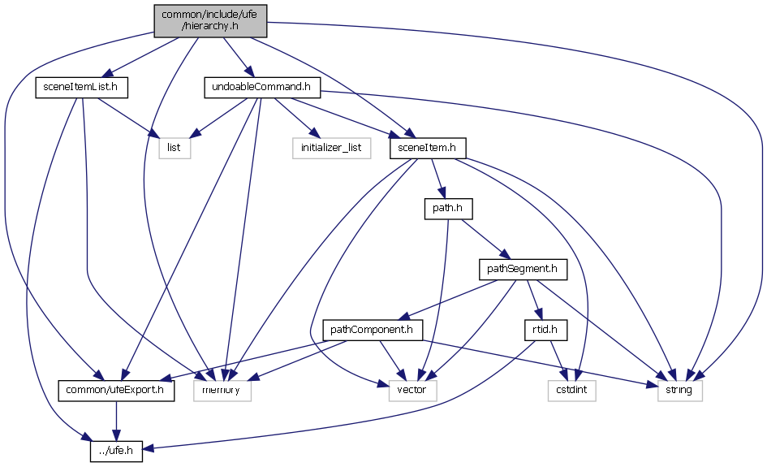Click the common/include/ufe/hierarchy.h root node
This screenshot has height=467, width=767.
pos(210,19)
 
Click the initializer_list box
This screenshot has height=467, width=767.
pos(331,148)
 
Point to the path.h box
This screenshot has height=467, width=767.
pos(448,209)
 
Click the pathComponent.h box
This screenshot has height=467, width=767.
pos(373,330)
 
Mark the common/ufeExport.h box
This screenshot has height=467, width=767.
pos(116,390)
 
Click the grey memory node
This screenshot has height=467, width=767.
pos(222,390)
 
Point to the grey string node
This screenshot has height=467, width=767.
pos(679,390)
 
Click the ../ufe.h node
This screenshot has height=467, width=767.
pos(116,449)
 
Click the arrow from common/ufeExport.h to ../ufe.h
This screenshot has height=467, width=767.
pos(116,420)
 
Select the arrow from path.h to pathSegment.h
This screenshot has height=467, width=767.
pos(485,240)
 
